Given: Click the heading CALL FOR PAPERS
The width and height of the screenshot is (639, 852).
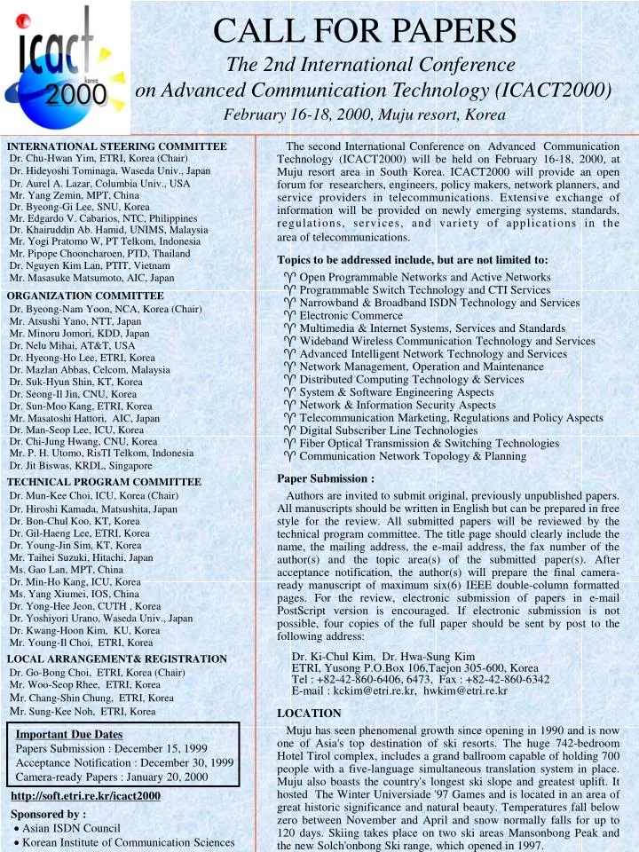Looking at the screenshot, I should click(366, 31).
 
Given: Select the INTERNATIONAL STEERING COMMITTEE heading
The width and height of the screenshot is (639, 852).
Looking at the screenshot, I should click(117, 146).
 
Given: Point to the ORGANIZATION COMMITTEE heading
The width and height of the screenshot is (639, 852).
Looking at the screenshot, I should click(85, 296).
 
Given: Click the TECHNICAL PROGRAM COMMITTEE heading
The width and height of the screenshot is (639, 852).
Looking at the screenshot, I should click(104, 482).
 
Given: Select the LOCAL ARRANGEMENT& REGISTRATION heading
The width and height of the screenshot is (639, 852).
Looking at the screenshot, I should click(117, 659).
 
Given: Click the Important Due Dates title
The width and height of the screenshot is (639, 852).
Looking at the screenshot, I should click(69, 734).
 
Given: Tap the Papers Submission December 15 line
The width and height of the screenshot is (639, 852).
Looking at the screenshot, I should click(111, 748).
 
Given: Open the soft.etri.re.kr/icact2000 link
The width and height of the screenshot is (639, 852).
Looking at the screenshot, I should click(85, 796).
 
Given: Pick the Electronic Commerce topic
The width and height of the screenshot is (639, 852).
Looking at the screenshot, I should click(351, 315).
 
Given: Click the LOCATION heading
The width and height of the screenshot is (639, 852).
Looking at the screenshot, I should click(309, 713).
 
